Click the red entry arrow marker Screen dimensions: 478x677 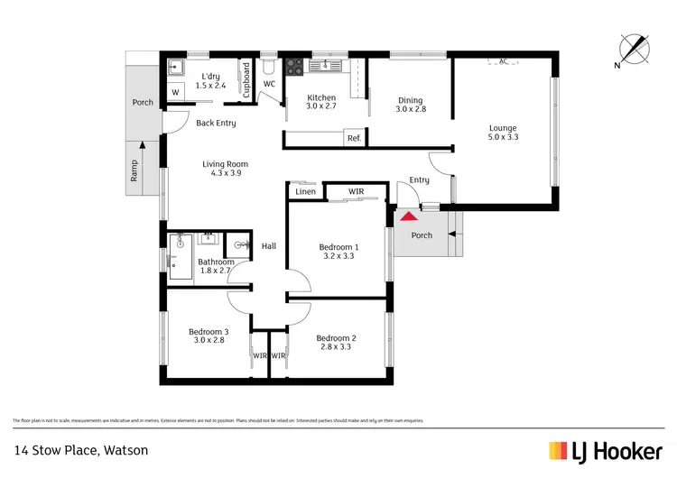pyautogui.click(x=409, y=216)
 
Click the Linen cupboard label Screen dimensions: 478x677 pyautogui.click(x=304, y=191)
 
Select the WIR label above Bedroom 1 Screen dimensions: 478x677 pyautogui.click(x=343, y=191)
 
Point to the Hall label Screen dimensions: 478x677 pyautogui.click(x=269, y=246)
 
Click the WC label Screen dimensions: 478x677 pyautogui.click(x=269, y=84)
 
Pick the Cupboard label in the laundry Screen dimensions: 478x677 pyautogui.click(x=246, y=78)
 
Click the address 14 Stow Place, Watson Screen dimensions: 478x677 pyautogui.click(x=80, y=449)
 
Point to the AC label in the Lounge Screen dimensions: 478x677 pyautogui.click(x=503, y=61)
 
